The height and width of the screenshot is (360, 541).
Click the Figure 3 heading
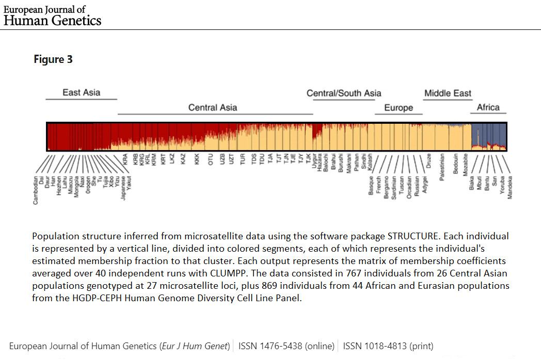tap(53, 59)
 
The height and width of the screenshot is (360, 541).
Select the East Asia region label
tap(82, 93)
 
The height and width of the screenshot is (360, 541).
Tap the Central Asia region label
tap(213, 107)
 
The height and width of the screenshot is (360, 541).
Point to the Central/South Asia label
tap(344, 93)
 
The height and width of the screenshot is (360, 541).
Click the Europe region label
tap(399, 108)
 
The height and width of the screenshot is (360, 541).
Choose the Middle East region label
tap(448, 93)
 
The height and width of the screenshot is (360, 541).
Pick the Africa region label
tap(488, 107)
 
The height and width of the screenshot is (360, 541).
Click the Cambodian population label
tap(36, 190)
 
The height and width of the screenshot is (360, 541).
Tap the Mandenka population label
tap(510, 187)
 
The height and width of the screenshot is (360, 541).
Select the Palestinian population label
tap(442, 166)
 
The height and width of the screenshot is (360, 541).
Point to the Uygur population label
tap(314, 161)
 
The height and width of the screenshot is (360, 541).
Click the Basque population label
tap(371, 185)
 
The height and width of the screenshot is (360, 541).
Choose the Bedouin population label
tap(455, 164)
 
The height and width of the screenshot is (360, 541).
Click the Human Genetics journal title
tap(53, 20)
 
